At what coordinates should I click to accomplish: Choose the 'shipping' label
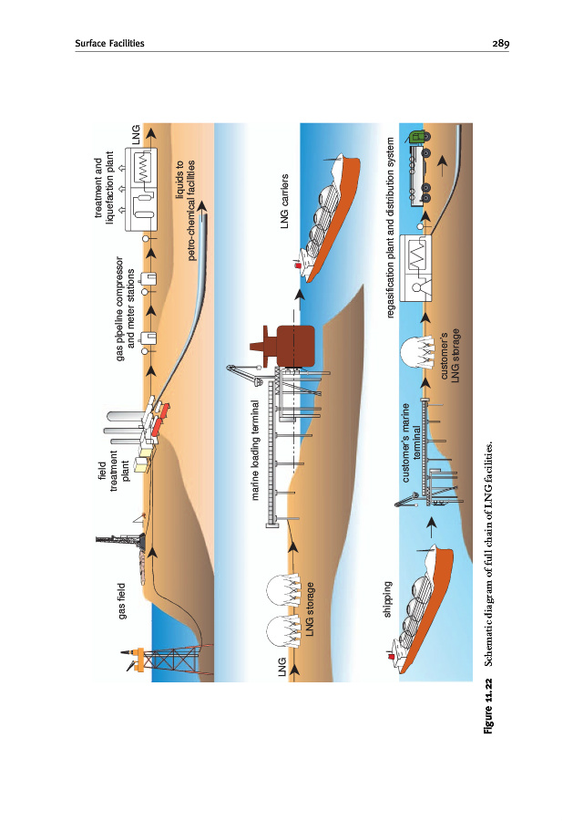tap(388, 599)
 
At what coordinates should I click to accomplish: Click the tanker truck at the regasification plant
tap(421, 170)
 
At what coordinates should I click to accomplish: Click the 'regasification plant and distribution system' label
tap(392, 228)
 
